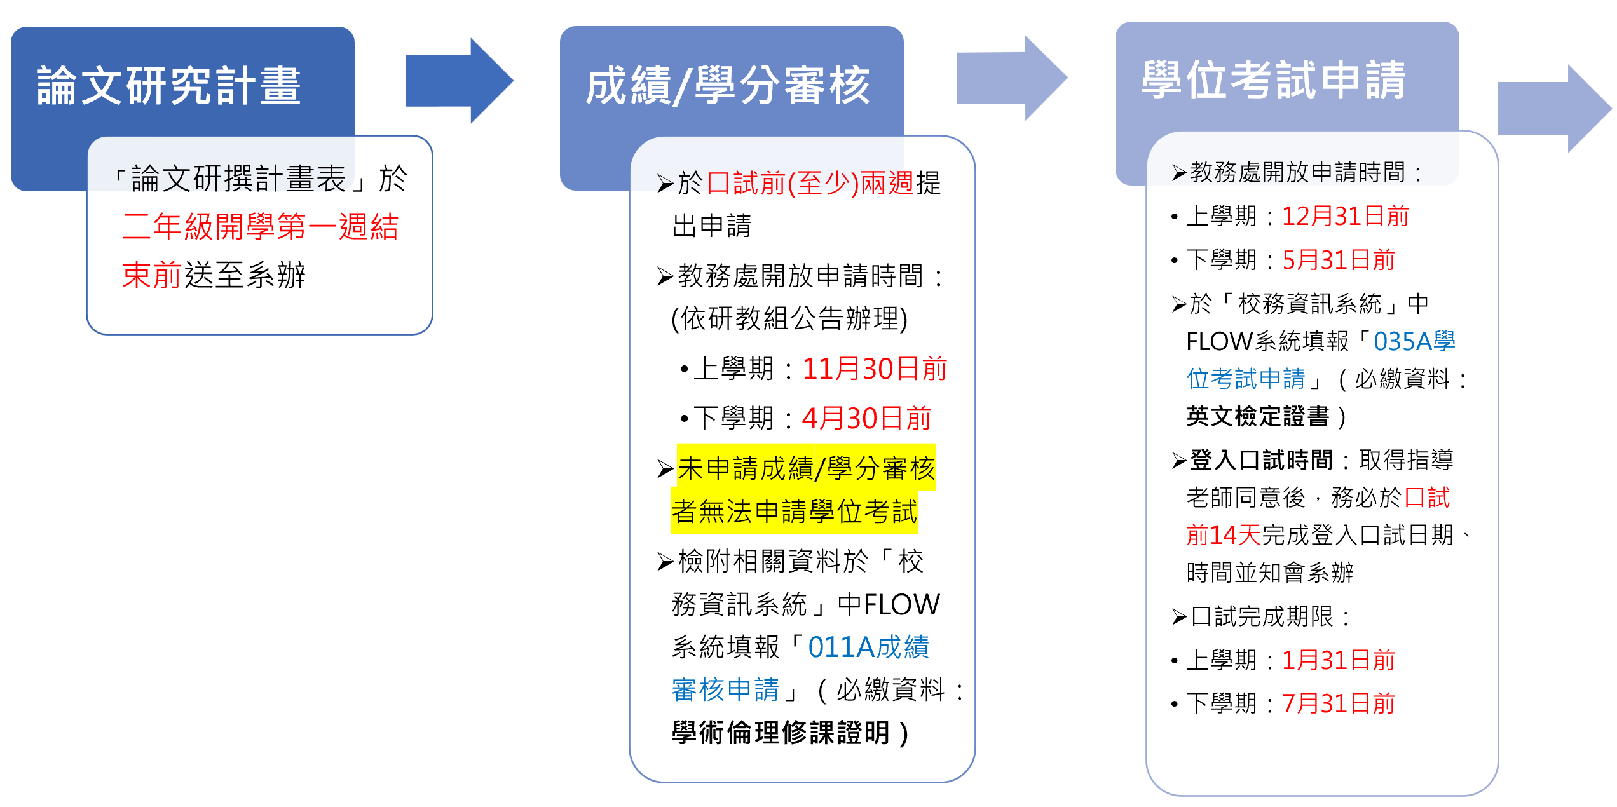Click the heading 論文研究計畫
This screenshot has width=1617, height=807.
pos(169,85)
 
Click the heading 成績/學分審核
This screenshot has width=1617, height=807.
pos(728,85)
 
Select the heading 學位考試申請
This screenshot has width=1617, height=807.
pos(1274,81)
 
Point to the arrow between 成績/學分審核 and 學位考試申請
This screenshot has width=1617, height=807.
pos(1011,78)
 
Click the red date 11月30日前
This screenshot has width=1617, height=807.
pos(875,369)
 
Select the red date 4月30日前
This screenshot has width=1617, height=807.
pos(866,418)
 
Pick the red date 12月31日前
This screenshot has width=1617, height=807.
pos(1345,216)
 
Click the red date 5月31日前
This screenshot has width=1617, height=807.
pos(1338,260)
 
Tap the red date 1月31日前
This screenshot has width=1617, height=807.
pos(1338,660)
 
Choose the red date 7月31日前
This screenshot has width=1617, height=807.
pos(1338,703)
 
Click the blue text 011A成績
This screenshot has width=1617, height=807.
pos(868,648)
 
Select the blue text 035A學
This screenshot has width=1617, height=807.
pos(1414,341)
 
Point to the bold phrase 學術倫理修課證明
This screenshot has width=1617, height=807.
pos(781,733)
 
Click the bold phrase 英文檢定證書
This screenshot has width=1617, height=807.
pos(1258,416)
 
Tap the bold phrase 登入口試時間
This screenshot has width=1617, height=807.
pos(1261,459)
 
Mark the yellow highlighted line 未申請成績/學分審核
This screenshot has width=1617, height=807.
pos(806,468)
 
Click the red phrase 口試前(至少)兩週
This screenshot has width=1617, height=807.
pos(810,184)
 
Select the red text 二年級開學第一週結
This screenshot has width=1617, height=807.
pos(261,226)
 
